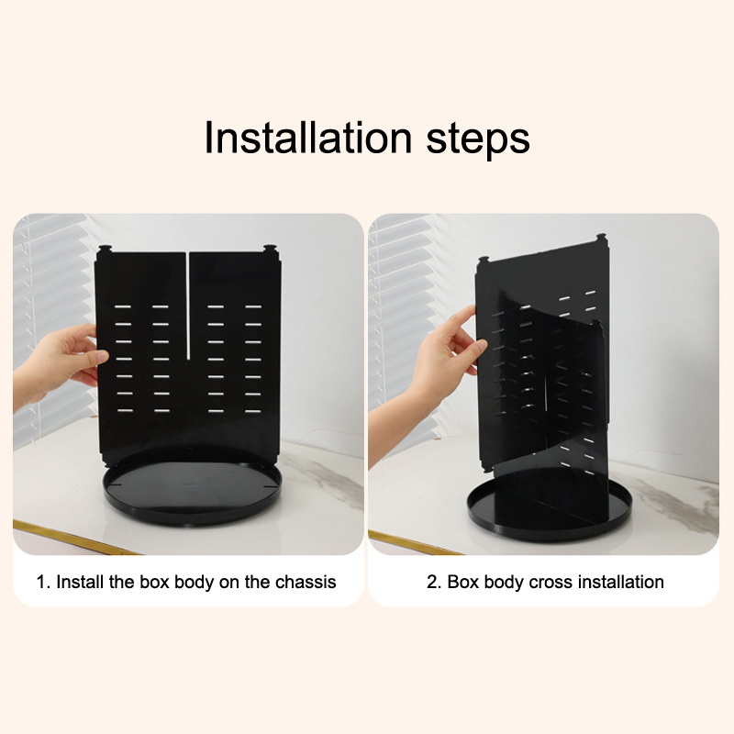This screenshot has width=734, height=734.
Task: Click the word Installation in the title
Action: [x=308, y=138]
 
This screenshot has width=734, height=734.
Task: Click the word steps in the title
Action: [x=478, y=140]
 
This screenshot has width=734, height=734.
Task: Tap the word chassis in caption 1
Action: [x=306, y=582]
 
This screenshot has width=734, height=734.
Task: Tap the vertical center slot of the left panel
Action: [x=188, y=306]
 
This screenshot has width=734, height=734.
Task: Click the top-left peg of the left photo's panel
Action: [x=104, y=248]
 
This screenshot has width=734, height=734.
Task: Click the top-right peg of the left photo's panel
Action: [x=270, y=248]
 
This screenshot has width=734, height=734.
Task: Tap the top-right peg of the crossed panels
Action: [x=603, y=239]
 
